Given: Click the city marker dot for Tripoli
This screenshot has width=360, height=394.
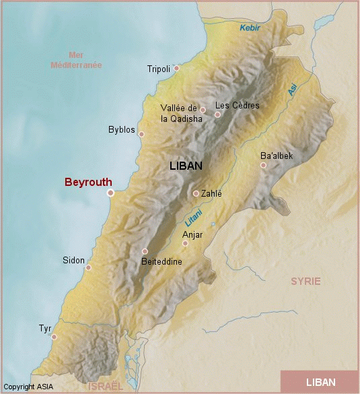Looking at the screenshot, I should pyautogui.click(x=176, y=68).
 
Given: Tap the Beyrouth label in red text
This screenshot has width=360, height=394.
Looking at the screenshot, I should pyautogui.click(x=88, y=182).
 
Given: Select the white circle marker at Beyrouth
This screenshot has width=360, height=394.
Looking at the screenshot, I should pyautogui.click(x=110, y=193).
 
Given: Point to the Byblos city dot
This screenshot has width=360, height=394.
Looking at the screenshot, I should pyautogui.click(x=141, y=134).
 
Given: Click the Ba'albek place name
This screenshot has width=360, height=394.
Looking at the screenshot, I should pyautogui.click(x=277, y=156).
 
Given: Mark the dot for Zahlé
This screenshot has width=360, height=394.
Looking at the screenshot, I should pyautogui.click(x=196, y=193).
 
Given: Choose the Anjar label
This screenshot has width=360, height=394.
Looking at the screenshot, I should pyautogui.click(x=192, y=234).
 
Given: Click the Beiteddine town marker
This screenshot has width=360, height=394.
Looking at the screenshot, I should pyautogui.click(x=145, y=251).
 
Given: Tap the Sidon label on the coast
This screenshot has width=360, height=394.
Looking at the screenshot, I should pyautogui.click(x=73, y=260).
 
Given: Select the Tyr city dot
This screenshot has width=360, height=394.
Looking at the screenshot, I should pyautogui.click(x=54, y=337).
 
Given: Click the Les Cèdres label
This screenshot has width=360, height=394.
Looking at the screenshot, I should pyautogui.click(x=237, y=105).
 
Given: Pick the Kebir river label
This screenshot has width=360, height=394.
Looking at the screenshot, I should pyautogui.click(x=250, y=28).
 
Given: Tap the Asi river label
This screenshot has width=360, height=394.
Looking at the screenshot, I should pyautogui.click(x=293, y=90).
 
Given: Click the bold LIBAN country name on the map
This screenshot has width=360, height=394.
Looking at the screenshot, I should pyautogui.click(x=186, y=165).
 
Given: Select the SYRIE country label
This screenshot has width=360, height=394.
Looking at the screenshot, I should pyautogui.click(x=305, y=281).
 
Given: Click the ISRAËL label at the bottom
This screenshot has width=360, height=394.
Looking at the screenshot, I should pyautogui.click(x=106, y=387).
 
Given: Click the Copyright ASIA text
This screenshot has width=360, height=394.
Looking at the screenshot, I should pyautogui.click(x=28, y=387).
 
